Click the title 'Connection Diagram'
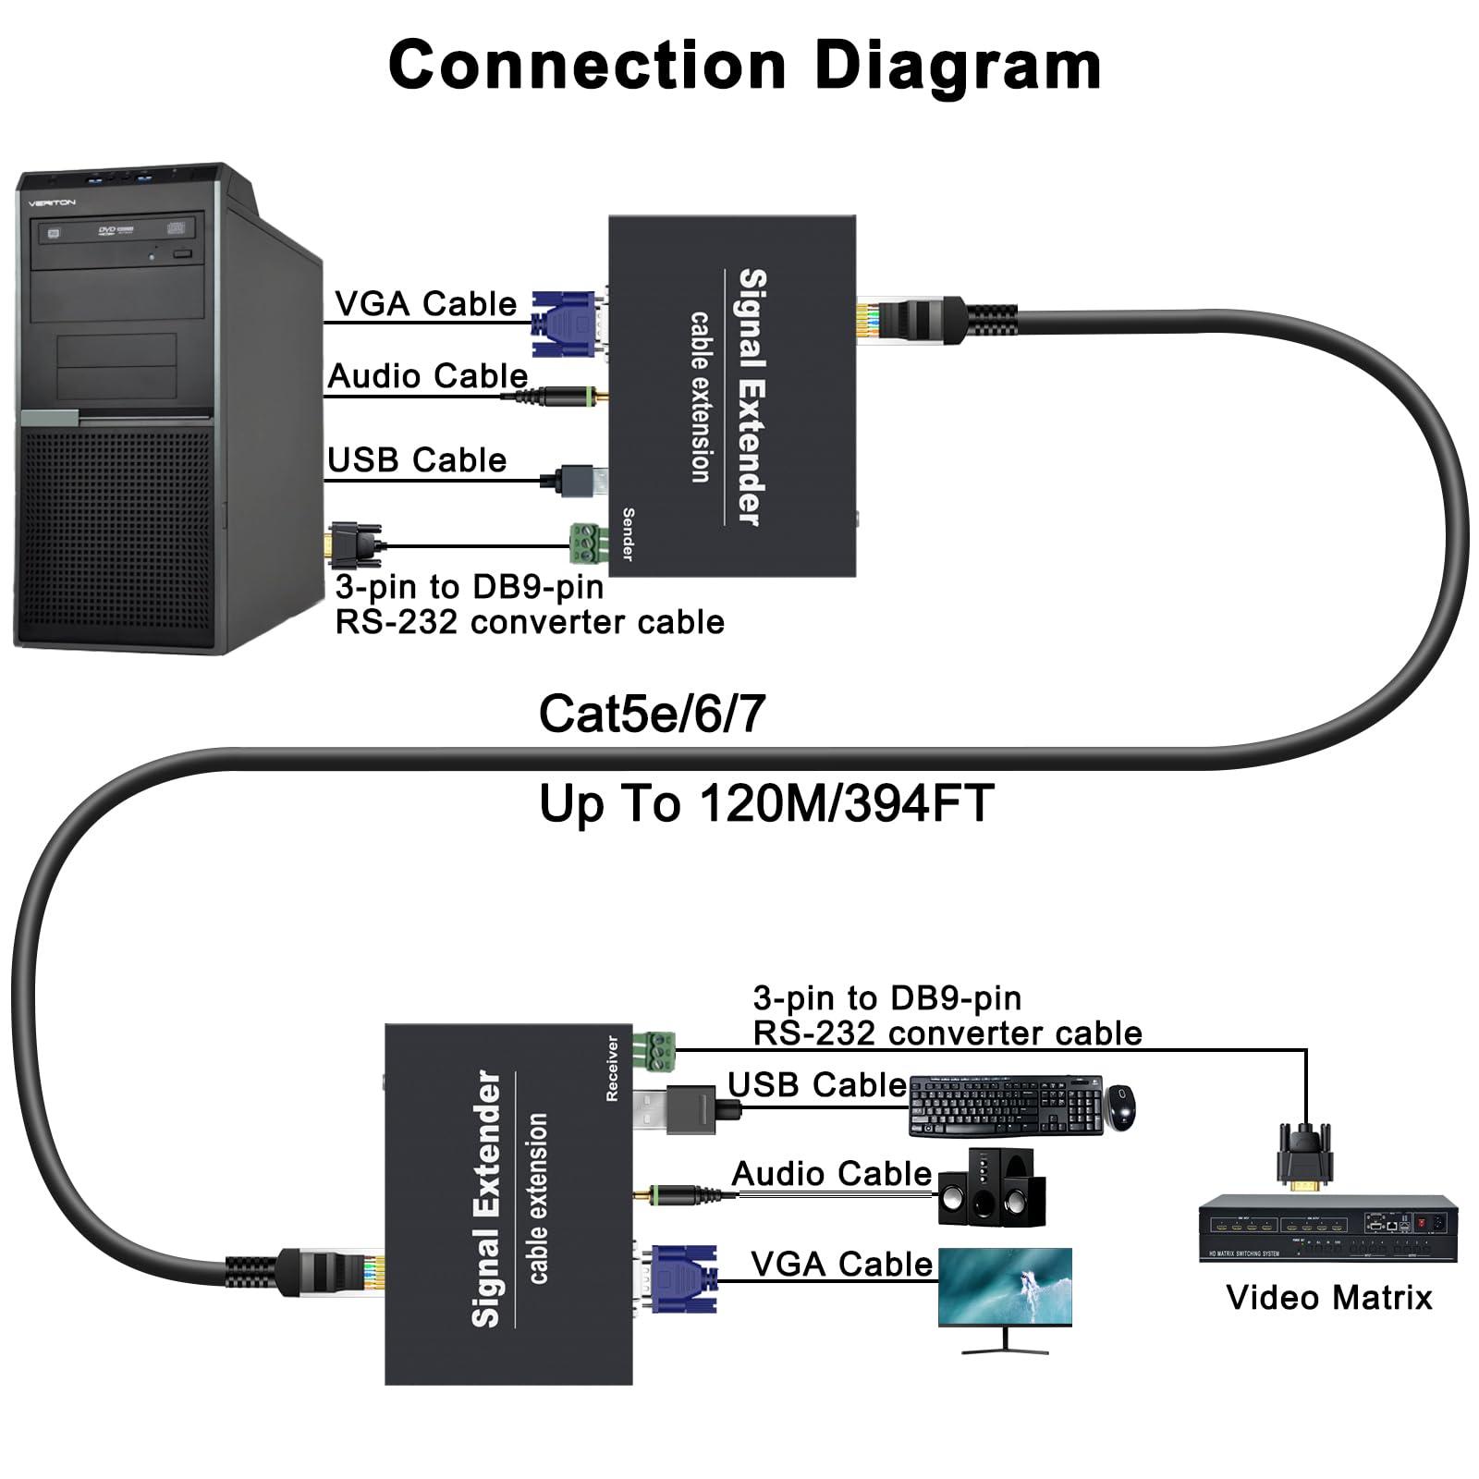(744, 65)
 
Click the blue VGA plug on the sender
(565, 324)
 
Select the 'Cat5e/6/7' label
(652, 714)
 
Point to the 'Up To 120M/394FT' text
(766, 802)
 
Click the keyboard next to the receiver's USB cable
(1006, 1106)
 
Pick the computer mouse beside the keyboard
(1121, 1106)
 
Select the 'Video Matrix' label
(1328, 1298)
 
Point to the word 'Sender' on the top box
(628, 533)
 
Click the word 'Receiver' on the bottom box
(611, 1068)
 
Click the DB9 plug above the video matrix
(1305, 1154)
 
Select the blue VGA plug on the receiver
(683, 1279)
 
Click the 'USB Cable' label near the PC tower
(417, 459)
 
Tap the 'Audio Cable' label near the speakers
(832, 1173)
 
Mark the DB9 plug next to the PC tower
(355, 544)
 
